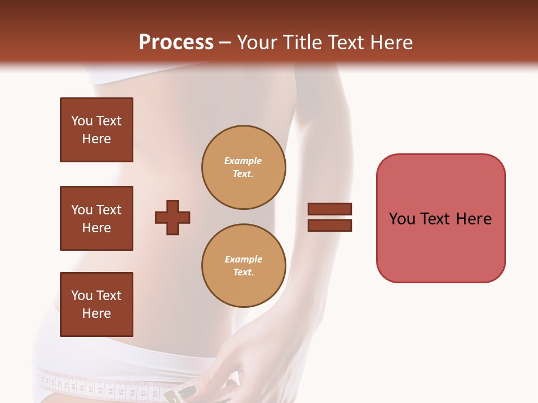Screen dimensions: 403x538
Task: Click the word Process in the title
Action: [176, 42]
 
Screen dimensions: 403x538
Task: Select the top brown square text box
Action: [96, 130]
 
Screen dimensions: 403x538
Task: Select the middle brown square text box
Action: [96, 218]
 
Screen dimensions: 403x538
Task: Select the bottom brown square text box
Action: [96, 304]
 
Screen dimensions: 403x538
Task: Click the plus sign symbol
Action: [173, 217]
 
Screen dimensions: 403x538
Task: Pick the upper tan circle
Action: [244, 167]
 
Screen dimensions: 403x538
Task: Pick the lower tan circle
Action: [244, 266]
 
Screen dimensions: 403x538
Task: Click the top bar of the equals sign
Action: [330, 209]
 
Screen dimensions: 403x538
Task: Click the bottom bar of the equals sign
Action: [330, 225]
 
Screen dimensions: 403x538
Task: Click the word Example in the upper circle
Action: [243, 161]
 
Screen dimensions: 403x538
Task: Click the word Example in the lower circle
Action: [243, 259]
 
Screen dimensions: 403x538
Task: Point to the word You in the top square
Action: [82, 121]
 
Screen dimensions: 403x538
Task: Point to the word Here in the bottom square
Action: [96, 313]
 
